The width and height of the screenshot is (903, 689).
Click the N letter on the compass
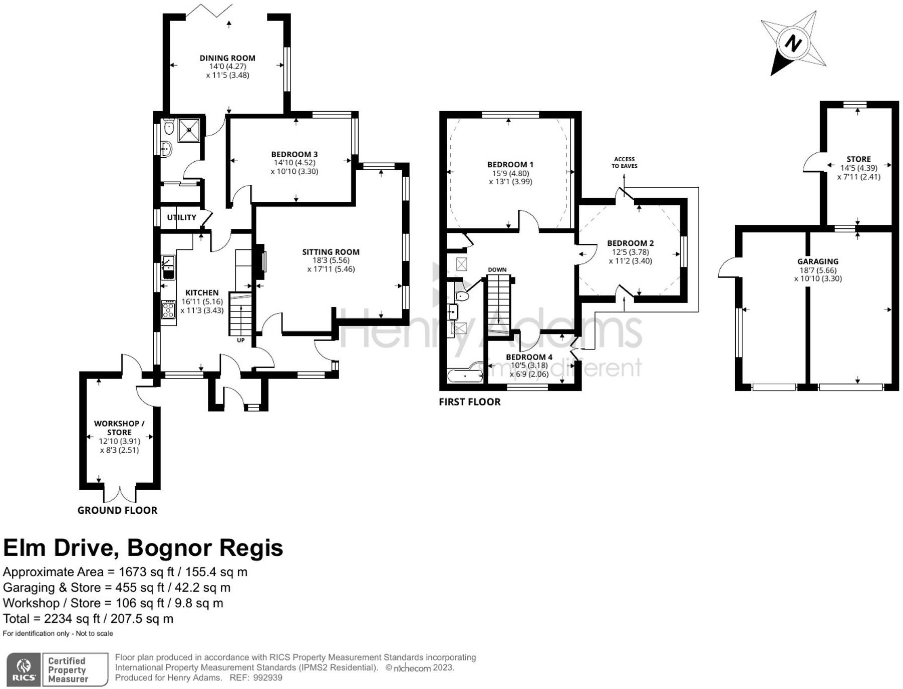click(x=793, y=43)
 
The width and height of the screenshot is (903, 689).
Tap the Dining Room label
click(x=227, y=58)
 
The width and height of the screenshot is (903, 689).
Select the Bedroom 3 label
click(x=294, y=154)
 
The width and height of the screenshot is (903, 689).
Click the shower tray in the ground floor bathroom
click(x=189, y=130)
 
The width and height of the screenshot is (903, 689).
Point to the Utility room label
click(x=181, y=217)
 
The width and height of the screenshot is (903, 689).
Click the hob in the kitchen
click(x=168, y=309)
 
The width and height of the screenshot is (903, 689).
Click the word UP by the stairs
click(x=240, y=340)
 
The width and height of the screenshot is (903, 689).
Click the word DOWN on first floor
click(x=497, y=269)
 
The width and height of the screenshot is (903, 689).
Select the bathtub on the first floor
click(x=464, y=375)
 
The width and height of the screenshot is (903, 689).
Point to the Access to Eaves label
click(x=624, y=162)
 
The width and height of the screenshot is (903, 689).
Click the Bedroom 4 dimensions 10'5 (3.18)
click(x=529, y=366)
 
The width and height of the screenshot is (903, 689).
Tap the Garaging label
click(x=817, y=261)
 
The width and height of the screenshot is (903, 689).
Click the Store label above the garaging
click(x=858, y=159)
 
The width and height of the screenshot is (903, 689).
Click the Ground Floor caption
click(x=117, y=510)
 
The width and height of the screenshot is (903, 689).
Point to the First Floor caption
click(x=469, y=402)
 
